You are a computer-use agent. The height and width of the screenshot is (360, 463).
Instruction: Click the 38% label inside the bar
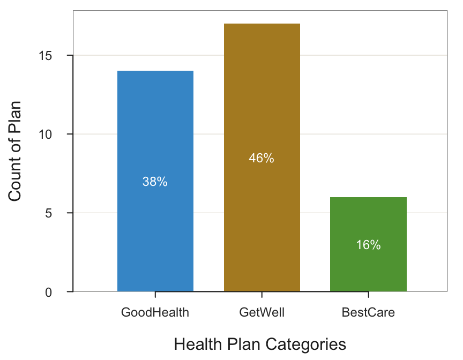pyautogui.click(x=155, y=182)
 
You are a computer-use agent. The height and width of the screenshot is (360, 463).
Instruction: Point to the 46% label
pyautogui.click(x=262, y=159)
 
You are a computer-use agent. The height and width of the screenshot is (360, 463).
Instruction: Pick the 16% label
pyautogui.click(x=368, y=245)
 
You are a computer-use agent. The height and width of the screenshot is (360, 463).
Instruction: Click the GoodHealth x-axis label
pyautogui.click(x=155, y=312)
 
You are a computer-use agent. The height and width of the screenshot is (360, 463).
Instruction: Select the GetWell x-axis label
pyautogui.click(x=262, y=312)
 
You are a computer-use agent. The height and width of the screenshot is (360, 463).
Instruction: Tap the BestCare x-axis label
pyautogui.click(x=368, y=312)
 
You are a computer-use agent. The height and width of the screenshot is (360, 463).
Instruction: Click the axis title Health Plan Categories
pyautogui.click(x=260, y=343)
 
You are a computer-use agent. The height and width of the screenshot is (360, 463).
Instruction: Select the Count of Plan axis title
pyautogui.click(x=16, y=151)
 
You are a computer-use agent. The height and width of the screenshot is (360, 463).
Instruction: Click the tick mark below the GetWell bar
pyautogui.click(x=262, y=295)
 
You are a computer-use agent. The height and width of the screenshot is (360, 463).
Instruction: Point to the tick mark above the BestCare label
pyautogui.click(x=368, y=295)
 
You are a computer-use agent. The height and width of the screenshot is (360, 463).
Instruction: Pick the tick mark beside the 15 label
pyautogui.click(x=70, y=56)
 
